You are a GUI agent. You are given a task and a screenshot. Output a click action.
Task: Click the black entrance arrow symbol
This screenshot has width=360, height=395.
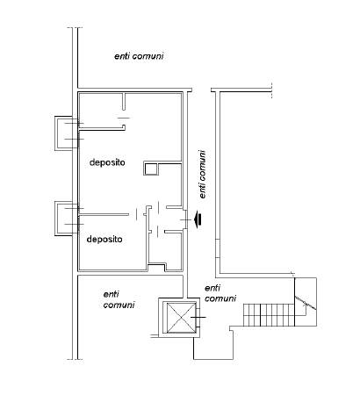(198, 219)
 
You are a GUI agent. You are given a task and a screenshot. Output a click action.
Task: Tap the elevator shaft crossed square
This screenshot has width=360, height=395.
(181, 318)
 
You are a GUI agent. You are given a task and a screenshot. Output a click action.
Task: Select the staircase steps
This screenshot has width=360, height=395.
(269, 315)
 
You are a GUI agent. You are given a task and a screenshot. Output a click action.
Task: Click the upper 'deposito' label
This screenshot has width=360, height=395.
(107, 162)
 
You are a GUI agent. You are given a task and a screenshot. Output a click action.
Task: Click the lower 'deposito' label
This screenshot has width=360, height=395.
(104, 240)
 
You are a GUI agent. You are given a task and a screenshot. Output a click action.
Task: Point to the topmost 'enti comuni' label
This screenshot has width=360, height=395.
(139, 56)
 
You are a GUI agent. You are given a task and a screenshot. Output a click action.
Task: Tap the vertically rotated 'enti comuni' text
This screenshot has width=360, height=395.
(202, 175)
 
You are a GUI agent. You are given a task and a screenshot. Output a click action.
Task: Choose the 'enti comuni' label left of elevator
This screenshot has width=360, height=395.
(119, 299)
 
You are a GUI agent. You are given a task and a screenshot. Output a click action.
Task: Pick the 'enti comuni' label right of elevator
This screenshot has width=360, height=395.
(220, 293)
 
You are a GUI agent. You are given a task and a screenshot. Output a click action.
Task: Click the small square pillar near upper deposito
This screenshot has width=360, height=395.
(151, 169)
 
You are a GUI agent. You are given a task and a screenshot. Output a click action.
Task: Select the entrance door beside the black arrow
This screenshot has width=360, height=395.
(184, 219)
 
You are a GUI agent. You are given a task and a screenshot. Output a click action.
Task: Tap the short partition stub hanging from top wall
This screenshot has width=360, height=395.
(124, 102)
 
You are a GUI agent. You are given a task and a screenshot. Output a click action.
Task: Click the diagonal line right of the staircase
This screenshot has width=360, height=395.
(306, 303)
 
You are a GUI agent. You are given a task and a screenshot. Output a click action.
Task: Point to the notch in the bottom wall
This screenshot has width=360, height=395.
(157, 267)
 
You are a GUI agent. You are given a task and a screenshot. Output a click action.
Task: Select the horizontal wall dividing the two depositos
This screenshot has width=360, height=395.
(104, 215)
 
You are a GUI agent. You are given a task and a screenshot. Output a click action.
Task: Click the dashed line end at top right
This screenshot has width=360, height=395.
(272, 90)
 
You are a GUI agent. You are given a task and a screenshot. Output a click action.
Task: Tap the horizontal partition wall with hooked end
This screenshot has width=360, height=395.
(103, 127)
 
